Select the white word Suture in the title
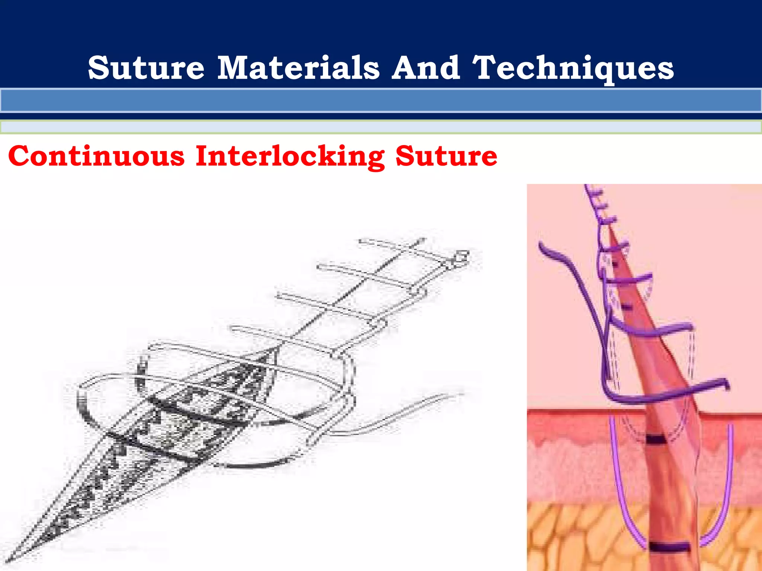[x=146, y=68]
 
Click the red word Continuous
[x=96, y=156]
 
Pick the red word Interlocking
[x=290, y=157]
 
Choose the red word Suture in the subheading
[x=446, y=156]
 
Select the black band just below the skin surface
[x=656, y=440]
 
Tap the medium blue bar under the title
[x=381, y=100]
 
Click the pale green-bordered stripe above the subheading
[x=381, y=127]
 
